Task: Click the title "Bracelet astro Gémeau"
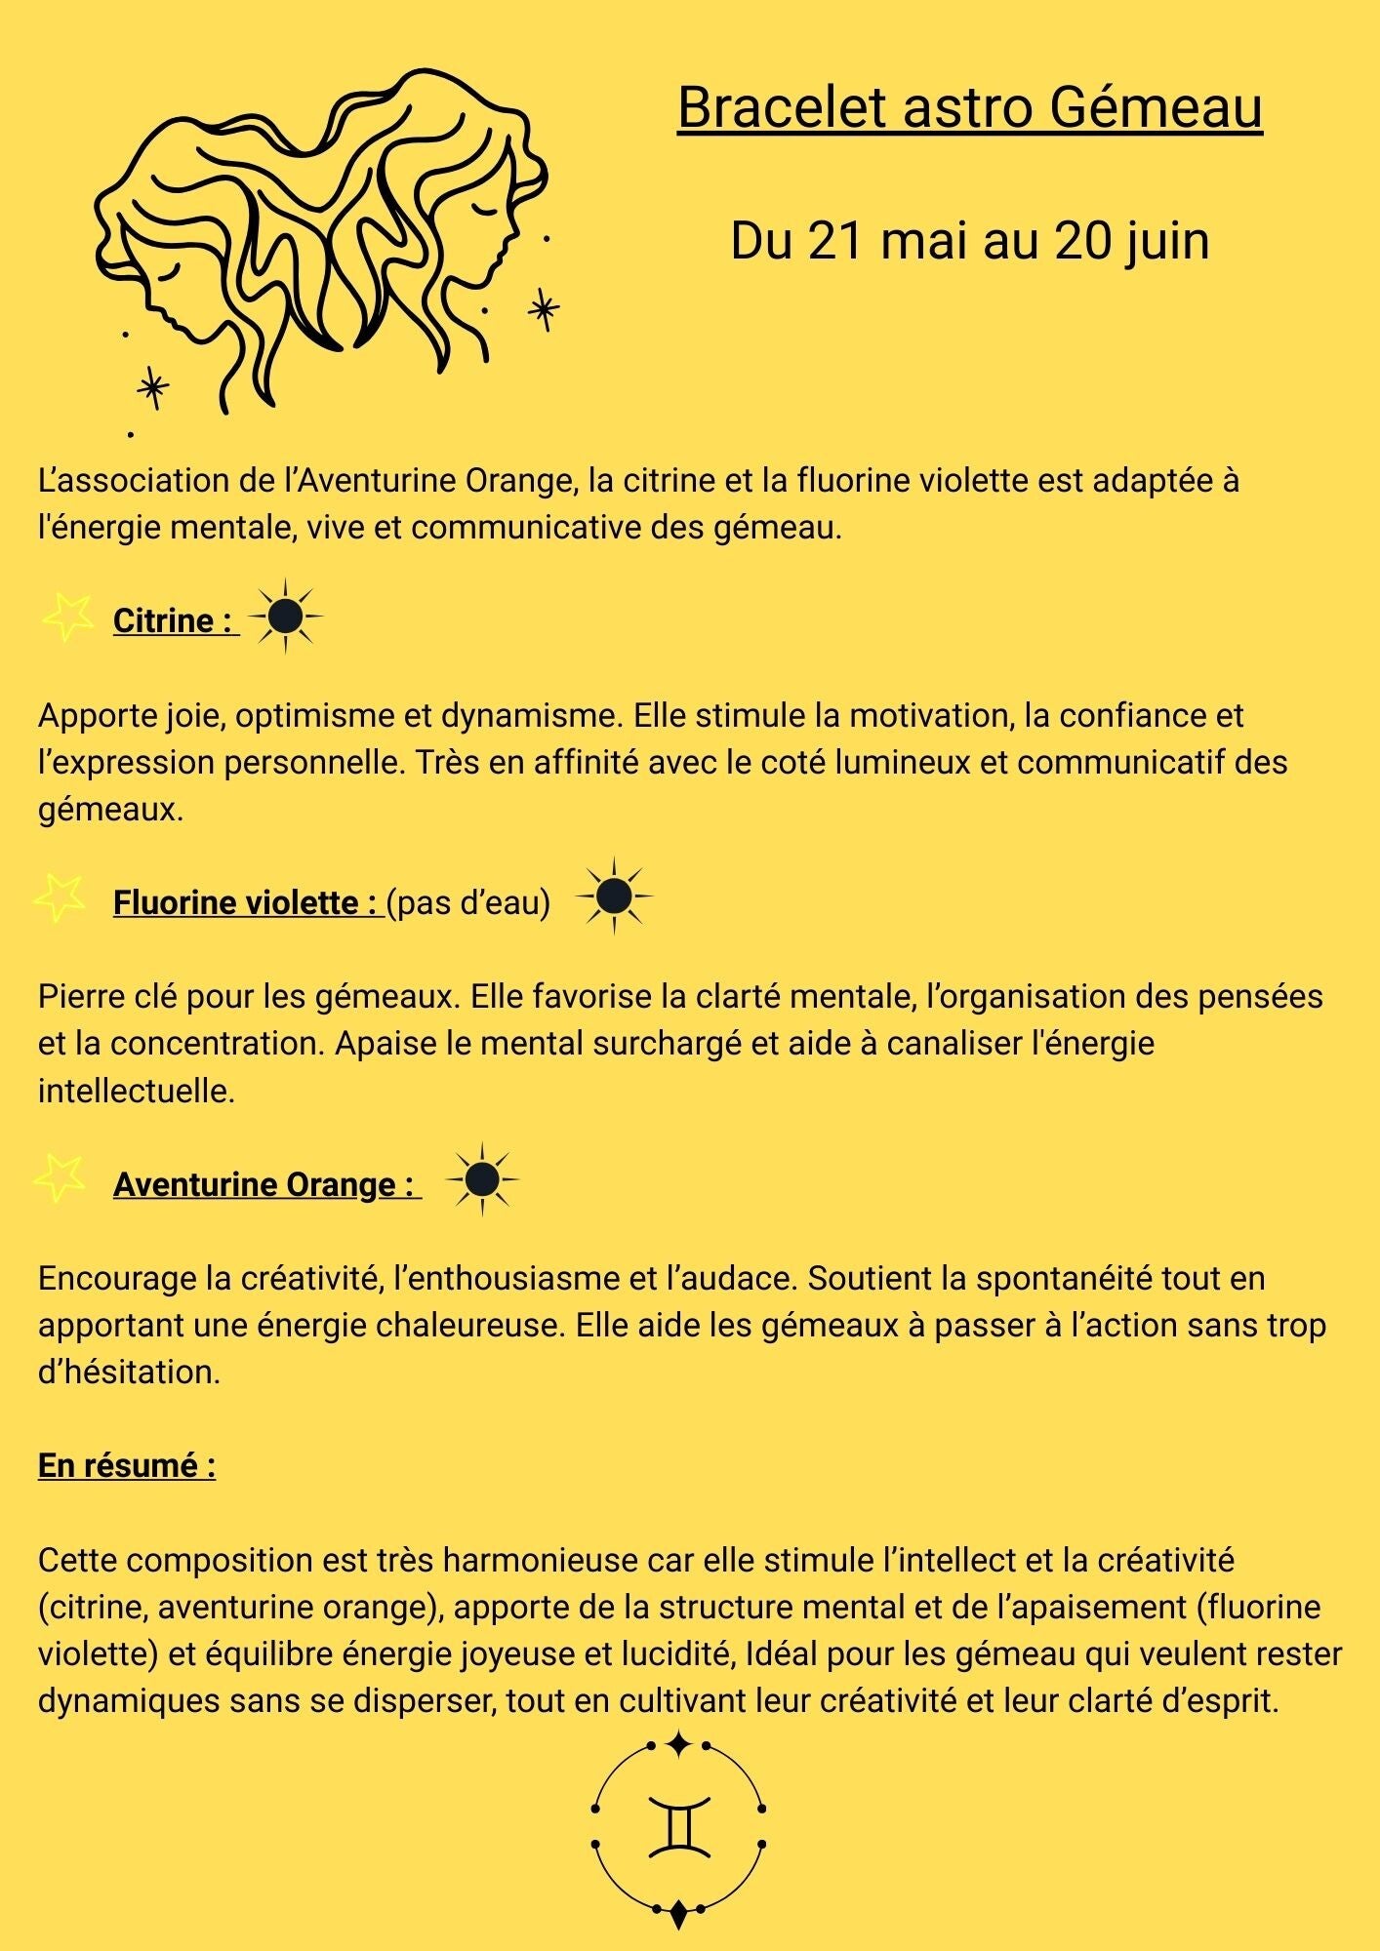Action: pos(969,107)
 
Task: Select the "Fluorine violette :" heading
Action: pos(247,902)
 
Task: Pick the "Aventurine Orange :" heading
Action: pos(266,1184)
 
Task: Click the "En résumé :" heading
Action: pos(127,1465)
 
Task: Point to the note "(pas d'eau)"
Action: pos(468,902)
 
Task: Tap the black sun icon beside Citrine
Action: pos(285,616)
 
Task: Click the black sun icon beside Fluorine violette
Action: pos(614,896)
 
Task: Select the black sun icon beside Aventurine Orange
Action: pos(482,1179)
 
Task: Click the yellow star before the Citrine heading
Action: pos(67,617)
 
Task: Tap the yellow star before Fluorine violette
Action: pos(60,896)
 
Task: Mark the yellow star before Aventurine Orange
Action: pos(60,1177)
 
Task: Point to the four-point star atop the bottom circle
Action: pos(678,1743)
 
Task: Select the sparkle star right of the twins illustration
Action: pos(544,310)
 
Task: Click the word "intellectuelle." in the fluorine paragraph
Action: pos(137,1091)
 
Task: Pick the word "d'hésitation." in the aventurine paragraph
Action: pos(129,1372)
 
